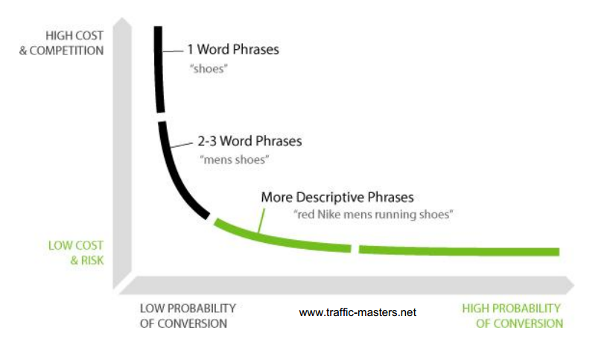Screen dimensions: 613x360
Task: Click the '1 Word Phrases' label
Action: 233,49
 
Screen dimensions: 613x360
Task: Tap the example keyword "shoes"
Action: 209,69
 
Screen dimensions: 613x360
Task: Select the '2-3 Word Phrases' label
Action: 250,141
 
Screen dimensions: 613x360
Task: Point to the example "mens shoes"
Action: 234,160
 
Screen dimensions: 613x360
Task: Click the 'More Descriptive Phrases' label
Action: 337,197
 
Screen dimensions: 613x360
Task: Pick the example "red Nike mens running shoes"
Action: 373,215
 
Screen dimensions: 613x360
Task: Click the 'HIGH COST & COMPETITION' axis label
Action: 61,43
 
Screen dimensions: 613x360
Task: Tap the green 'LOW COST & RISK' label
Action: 76,253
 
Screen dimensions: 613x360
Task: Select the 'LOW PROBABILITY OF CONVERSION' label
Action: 188,316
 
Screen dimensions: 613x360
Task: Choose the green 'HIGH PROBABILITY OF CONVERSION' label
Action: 512,316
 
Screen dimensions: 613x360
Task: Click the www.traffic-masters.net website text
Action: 358,312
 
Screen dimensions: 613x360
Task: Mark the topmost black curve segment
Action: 159,69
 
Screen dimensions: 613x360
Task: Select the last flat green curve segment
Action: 459,250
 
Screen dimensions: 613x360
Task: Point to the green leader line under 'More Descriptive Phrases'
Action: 261,221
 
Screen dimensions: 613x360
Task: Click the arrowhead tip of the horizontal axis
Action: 574,285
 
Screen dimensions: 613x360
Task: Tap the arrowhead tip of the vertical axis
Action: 122,18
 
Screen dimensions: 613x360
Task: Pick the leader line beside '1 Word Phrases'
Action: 173,51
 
